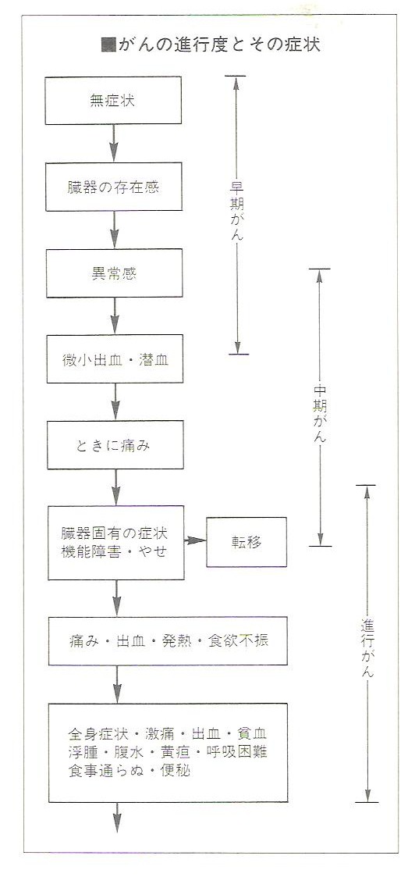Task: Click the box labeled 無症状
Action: [113, 101]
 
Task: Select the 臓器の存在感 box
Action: [113, 187]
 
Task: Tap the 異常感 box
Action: [114, 273]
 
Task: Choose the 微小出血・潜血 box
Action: [115, 359]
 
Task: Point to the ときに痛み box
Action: [115, 445]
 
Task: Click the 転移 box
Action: [247, 542]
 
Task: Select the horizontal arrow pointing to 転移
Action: [195, 540]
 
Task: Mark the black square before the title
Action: [108, 45]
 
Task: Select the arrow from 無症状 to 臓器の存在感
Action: [113, 144]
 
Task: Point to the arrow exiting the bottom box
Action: [117, 818]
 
